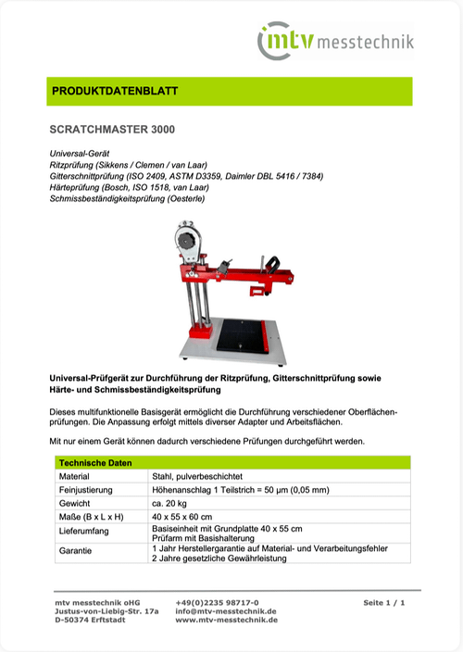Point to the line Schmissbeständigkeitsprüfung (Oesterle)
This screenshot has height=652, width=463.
(x=127, y=198)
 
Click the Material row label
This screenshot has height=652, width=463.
(x=73, y=475)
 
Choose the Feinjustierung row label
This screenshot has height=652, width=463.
(x=85, y=489)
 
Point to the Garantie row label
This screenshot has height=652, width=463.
(x=75, y=553)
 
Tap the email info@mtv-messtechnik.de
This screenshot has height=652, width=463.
(x=226, y=611)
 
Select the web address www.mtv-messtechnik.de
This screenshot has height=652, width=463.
(x=226, y=621)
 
